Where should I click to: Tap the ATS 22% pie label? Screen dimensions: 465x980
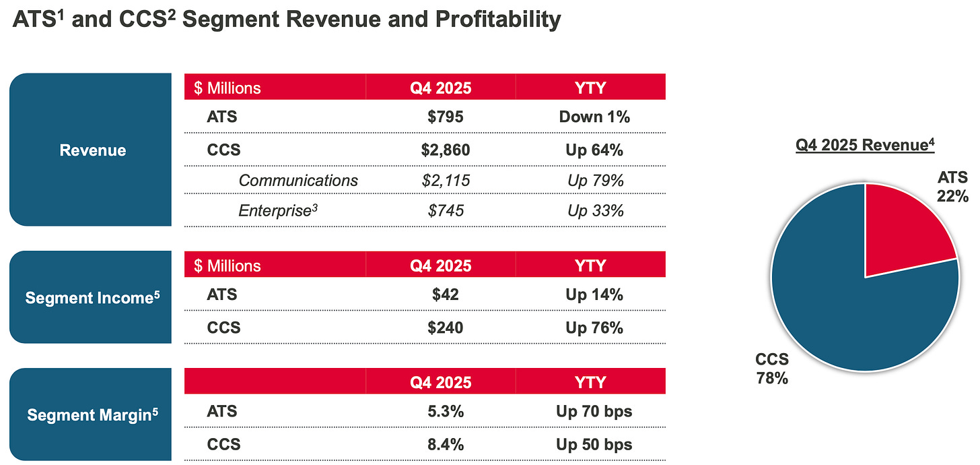point(952,187)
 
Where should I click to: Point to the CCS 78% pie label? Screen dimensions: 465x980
point(771,369)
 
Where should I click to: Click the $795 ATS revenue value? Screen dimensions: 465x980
point(445,117)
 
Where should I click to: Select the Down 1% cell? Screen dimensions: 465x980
point(594,117)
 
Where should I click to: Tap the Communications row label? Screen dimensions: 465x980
point(298,181)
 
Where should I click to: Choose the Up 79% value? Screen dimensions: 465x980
point(595,181)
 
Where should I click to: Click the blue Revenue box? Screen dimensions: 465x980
point(92,150)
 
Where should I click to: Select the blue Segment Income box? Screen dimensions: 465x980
point(92,297)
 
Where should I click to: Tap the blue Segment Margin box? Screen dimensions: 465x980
point(92,414)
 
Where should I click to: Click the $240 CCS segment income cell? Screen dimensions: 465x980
point(445,328)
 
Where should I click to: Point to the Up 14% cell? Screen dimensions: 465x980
point(594,294)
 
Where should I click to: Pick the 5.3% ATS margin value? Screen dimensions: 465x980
point(445,411)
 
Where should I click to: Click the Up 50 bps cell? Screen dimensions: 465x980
point(594,445)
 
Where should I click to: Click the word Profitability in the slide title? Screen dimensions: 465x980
point(491,20)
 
